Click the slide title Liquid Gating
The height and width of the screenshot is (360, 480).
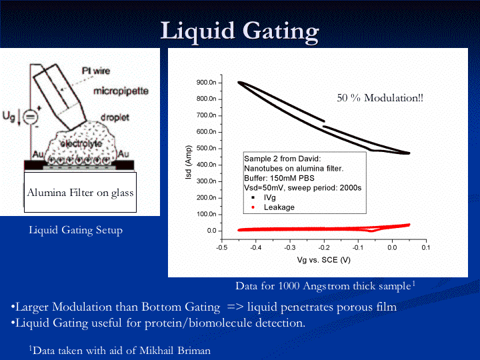pos(240,31)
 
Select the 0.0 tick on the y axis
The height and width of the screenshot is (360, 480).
pos(212,231)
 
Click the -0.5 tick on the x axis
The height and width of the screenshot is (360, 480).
pos(221,247)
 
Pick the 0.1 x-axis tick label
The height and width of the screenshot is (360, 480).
pos(426,247)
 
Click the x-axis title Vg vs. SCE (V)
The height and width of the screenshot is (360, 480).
pos(323,259)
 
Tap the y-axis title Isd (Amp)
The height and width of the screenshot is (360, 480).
pos(189,163)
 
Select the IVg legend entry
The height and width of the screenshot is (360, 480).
pos(270,197)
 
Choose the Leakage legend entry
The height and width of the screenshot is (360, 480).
pos(278,207)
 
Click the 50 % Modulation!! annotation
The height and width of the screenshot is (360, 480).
pos(380,98)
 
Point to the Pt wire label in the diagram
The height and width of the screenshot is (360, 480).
pos(96,71)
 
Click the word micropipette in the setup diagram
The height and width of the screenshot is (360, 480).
pos(121,90)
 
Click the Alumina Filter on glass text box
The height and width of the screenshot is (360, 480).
pos(80,193)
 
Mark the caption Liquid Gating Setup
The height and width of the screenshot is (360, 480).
pos(75,230)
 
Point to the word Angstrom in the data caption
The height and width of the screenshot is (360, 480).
pos(326,286)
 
